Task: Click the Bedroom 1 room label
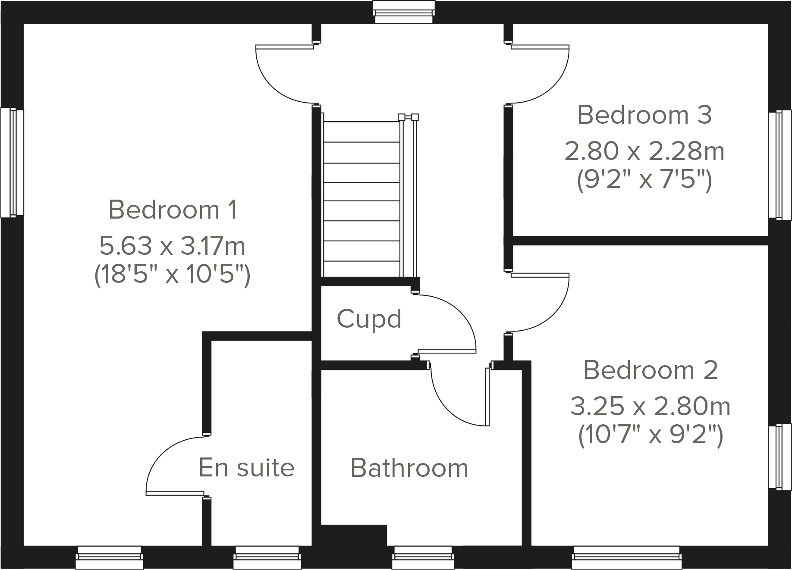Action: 173,210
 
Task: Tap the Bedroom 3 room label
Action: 644,115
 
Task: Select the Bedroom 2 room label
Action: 650,370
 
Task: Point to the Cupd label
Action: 369,319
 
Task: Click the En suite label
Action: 246,468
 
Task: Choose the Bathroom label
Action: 409,468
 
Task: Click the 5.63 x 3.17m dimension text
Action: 173,246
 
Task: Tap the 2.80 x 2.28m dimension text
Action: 644,151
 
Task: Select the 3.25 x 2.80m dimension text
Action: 650,407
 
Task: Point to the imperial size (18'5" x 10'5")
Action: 173,275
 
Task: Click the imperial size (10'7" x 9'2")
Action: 650,435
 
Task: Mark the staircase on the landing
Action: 361,198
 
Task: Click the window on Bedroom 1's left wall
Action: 12,163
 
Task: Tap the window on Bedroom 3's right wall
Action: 780,165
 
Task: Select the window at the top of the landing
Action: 403,12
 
